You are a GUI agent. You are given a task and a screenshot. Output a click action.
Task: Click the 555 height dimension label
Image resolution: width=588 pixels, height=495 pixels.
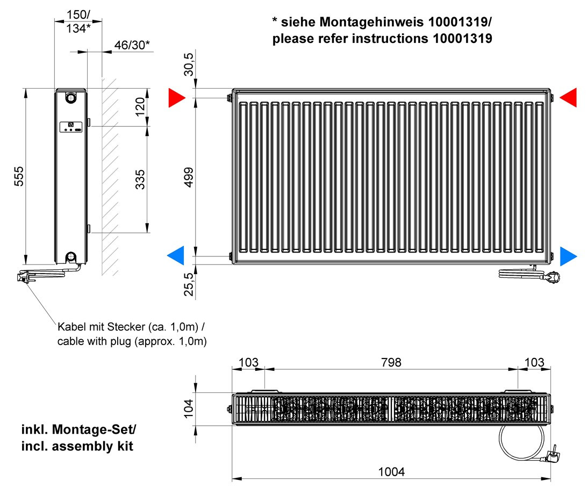coord(19,176)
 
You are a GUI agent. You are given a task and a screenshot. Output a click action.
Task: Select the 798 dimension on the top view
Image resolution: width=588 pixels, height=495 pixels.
coord(391,362)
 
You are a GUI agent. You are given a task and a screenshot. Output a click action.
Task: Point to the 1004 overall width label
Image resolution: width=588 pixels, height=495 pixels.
coord(391,472)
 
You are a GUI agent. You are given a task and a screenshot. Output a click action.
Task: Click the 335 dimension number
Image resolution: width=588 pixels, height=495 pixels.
coord(140,180)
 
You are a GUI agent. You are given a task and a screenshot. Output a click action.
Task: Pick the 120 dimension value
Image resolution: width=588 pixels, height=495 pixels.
coord(140,107)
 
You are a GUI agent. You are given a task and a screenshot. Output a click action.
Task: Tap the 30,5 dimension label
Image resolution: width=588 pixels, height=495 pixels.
coord(189,64)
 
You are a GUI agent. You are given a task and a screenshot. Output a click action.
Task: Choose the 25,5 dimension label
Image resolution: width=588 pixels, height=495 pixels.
coord(189,284)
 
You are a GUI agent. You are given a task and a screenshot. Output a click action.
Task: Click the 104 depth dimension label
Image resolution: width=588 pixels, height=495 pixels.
coord(188,408)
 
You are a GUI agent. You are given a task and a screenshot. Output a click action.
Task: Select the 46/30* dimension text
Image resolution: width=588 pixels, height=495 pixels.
coord(132,45)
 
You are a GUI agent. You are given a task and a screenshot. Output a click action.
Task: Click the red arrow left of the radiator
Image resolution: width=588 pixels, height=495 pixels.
coord(177,97)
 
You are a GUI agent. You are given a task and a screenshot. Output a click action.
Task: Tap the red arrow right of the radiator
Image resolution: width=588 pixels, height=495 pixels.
coord(568,97)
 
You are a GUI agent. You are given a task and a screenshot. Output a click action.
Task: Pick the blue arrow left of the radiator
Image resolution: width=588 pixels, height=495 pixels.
coord(176,256)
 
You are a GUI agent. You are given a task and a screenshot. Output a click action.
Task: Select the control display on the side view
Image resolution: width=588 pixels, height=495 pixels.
coord(71,127)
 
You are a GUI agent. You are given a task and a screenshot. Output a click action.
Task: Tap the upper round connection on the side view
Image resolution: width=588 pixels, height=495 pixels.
coord(70,97)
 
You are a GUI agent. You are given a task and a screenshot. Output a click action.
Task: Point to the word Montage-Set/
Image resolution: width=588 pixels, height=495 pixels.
coord(94,429)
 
